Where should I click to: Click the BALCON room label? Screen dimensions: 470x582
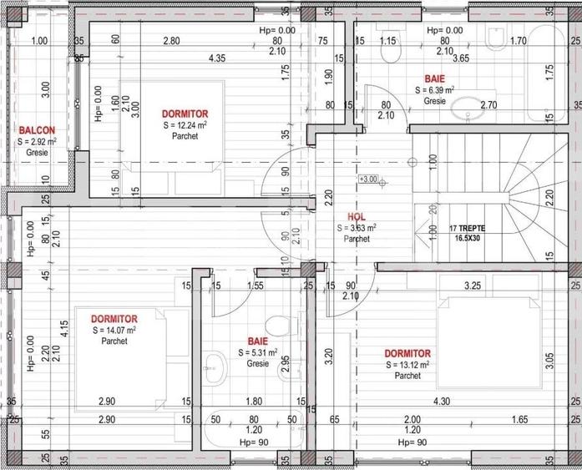coord(38,130)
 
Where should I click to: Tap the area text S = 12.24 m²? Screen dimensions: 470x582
coord(185,125)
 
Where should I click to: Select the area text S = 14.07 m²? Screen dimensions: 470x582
coord(114,330)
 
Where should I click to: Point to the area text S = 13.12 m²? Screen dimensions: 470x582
coord(407,365)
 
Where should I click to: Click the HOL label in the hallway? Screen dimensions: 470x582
coord(357,215)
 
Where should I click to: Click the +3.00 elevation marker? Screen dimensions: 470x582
coord(367,179)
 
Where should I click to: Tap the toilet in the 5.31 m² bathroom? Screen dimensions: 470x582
coord(276,325)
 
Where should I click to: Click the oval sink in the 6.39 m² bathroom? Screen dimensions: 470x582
coord(463,107)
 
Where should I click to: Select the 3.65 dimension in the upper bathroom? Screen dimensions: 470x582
coord(460,58)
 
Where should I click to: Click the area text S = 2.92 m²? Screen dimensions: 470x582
coord(38,142)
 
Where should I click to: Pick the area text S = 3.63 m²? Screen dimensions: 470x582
coord(357,227)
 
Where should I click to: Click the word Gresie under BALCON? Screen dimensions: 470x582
coord(38,154)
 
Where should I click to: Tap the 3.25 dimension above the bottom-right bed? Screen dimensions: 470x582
coord(472,286)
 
